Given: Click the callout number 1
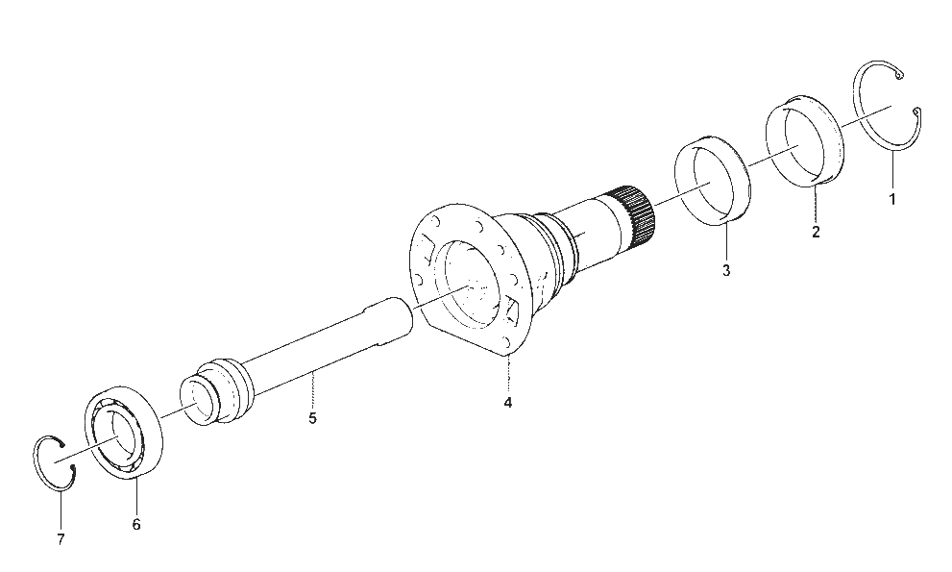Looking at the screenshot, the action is point(891,199).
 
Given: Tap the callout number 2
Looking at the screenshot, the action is point(816,232).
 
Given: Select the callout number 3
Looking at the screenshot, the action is point(726,270).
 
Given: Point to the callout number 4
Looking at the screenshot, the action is point(507,403).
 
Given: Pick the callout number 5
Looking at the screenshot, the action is point(312,418).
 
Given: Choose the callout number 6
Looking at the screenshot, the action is point(136,524).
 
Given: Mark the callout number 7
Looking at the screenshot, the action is point(61,539).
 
